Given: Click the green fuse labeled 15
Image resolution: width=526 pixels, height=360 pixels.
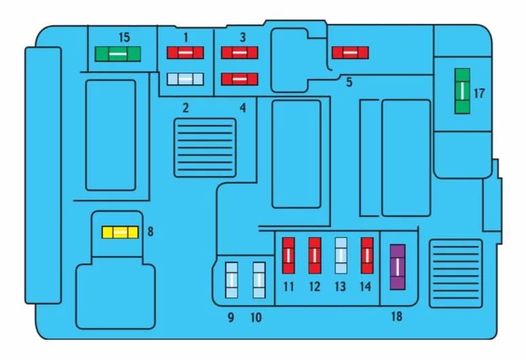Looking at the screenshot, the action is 117,54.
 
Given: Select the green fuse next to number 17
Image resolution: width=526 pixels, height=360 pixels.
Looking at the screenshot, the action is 462,91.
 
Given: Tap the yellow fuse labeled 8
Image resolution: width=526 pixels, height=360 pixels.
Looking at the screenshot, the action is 120,232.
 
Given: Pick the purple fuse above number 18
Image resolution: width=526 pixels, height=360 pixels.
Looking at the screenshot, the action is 398,267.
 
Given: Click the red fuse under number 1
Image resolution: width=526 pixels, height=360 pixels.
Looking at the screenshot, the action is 185,53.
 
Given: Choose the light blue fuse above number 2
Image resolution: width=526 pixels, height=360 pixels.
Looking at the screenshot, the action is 185,79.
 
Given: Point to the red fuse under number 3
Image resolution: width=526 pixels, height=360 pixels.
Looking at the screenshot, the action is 240,53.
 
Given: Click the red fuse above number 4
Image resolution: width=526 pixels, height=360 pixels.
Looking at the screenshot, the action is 240,79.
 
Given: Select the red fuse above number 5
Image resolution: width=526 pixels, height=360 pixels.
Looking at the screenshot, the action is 350,53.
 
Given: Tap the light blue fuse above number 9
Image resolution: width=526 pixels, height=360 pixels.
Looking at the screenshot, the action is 232,280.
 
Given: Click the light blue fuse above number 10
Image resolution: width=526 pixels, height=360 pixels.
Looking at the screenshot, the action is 259,280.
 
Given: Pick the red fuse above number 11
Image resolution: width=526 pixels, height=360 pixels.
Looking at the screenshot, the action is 288,255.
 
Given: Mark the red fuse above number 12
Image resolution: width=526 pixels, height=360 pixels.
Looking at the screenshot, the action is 315,255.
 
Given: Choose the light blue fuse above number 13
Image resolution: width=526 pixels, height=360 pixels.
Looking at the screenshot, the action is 341,255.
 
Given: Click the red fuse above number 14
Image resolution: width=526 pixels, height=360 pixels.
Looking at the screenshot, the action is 367,255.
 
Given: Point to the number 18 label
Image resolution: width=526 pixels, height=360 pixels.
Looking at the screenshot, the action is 396,316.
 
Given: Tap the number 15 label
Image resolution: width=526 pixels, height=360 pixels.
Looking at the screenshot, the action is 124,37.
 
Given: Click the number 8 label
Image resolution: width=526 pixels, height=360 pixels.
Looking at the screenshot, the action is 151,232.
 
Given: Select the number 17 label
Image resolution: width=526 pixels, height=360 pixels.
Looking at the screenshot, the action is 479,93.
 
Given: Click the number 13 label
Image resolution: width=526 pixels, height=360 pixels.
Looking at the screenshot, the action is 340,287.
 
